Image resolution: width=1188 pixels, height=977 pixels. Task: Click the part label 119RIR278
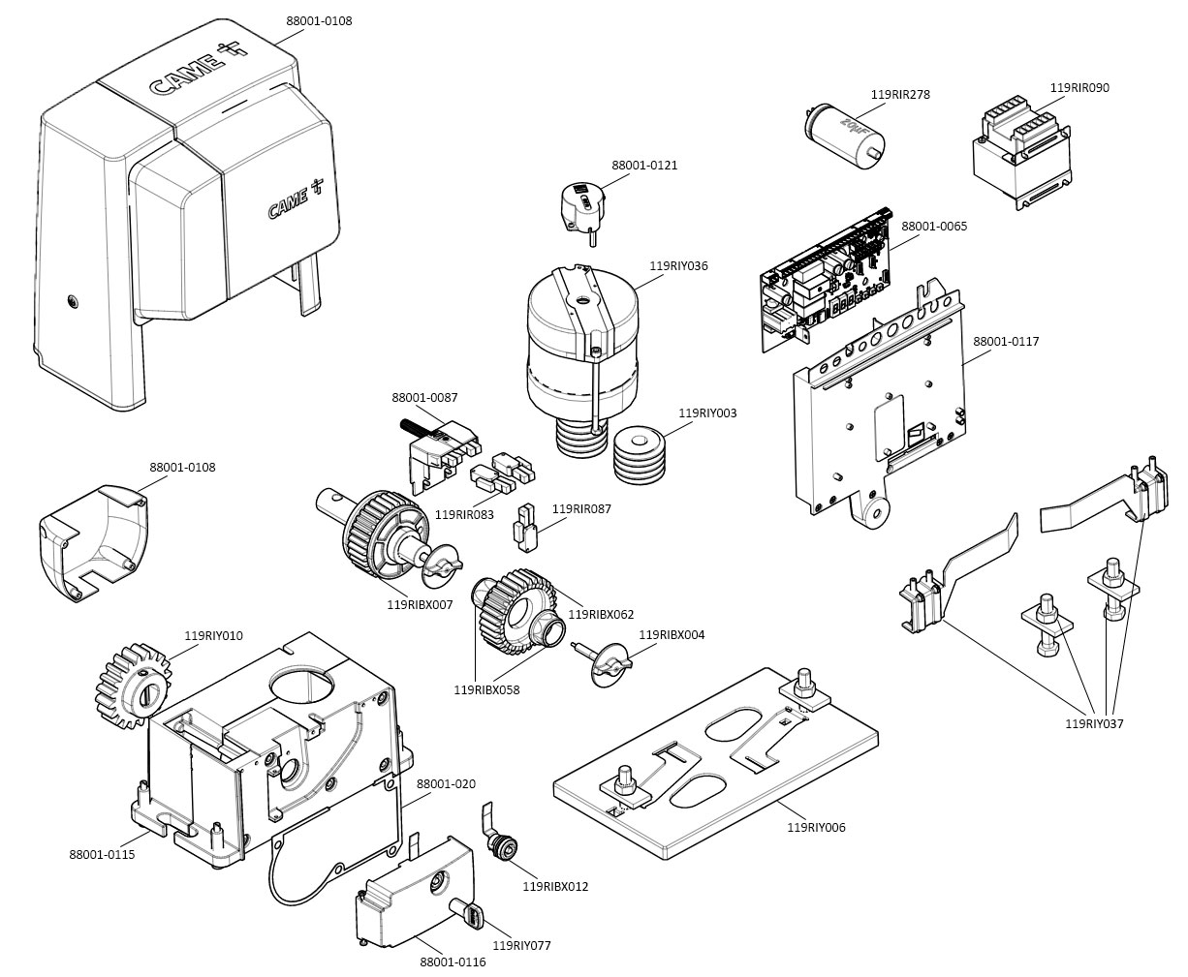click(899, 94)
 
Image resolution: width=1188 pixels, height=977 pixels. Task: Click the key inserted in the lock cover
click(467, 912)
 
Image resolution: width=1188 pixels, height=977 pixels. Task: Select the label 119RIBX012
click(555, 886)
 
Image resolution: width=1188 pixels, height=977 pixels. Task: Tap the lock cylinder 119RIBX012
click(503, 845)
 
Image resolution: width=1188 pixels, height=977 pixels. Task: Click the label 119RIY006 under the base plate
click(816, 827)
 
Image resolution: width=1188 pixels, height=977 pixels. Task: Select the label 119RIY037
click(1094, 723)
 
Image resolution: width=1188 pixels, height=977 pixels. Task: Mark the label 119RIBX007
click(420, 604)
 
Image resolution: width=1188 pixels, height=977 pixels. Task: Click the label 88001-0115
click(102, 854)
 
